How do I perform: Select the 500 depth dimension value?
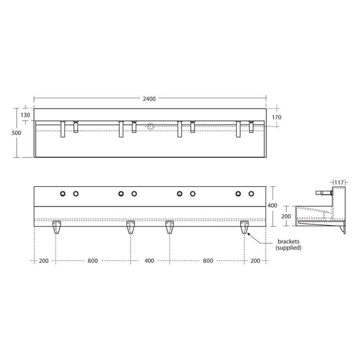(x=17, y=132)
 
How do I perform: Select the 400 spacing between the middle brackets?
(x=149, y=261)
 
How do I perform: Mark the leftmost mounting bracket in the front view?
(x=56, y=226)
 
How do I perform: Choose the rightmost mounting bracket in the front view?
(x=244, y=226)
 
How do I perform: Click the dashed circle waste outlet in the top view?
(x=150, y=126)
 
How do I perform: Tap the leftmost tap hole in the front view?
(x=63, y=193)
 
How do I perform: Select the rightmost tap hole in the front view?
(x=251, y=193)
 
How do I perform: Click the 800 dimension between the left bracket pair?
(x=93, y=261)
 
